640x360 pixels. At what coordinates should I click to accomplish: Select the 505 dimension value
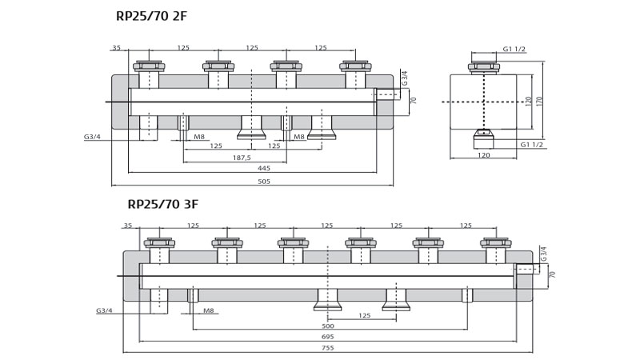pos(263,181)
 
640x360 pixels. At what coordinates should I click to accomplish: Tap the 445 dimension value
pos(263,169)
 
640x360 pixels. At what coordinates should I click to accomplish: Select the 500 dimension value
pos(328,326)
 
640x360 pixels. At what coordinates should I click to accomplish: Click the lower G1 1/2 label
pos(532,145)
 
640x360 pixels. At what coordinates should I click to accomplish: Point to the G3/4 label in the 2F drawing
pos(92,137)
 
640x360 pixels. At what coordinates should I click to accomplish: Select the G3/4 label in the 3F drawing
pos(103,310)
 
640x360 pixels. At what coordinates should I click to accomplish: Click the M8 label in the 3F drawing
pos(209,310)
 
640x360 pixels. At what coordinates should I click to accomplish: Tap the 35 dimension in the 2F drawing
pos(117,48)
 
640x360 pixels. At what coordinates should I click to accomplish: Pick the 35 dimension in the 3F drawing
pos(128,226)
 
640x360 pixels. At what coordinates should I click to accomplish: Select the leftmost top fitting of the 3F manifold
pos(158,243)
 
